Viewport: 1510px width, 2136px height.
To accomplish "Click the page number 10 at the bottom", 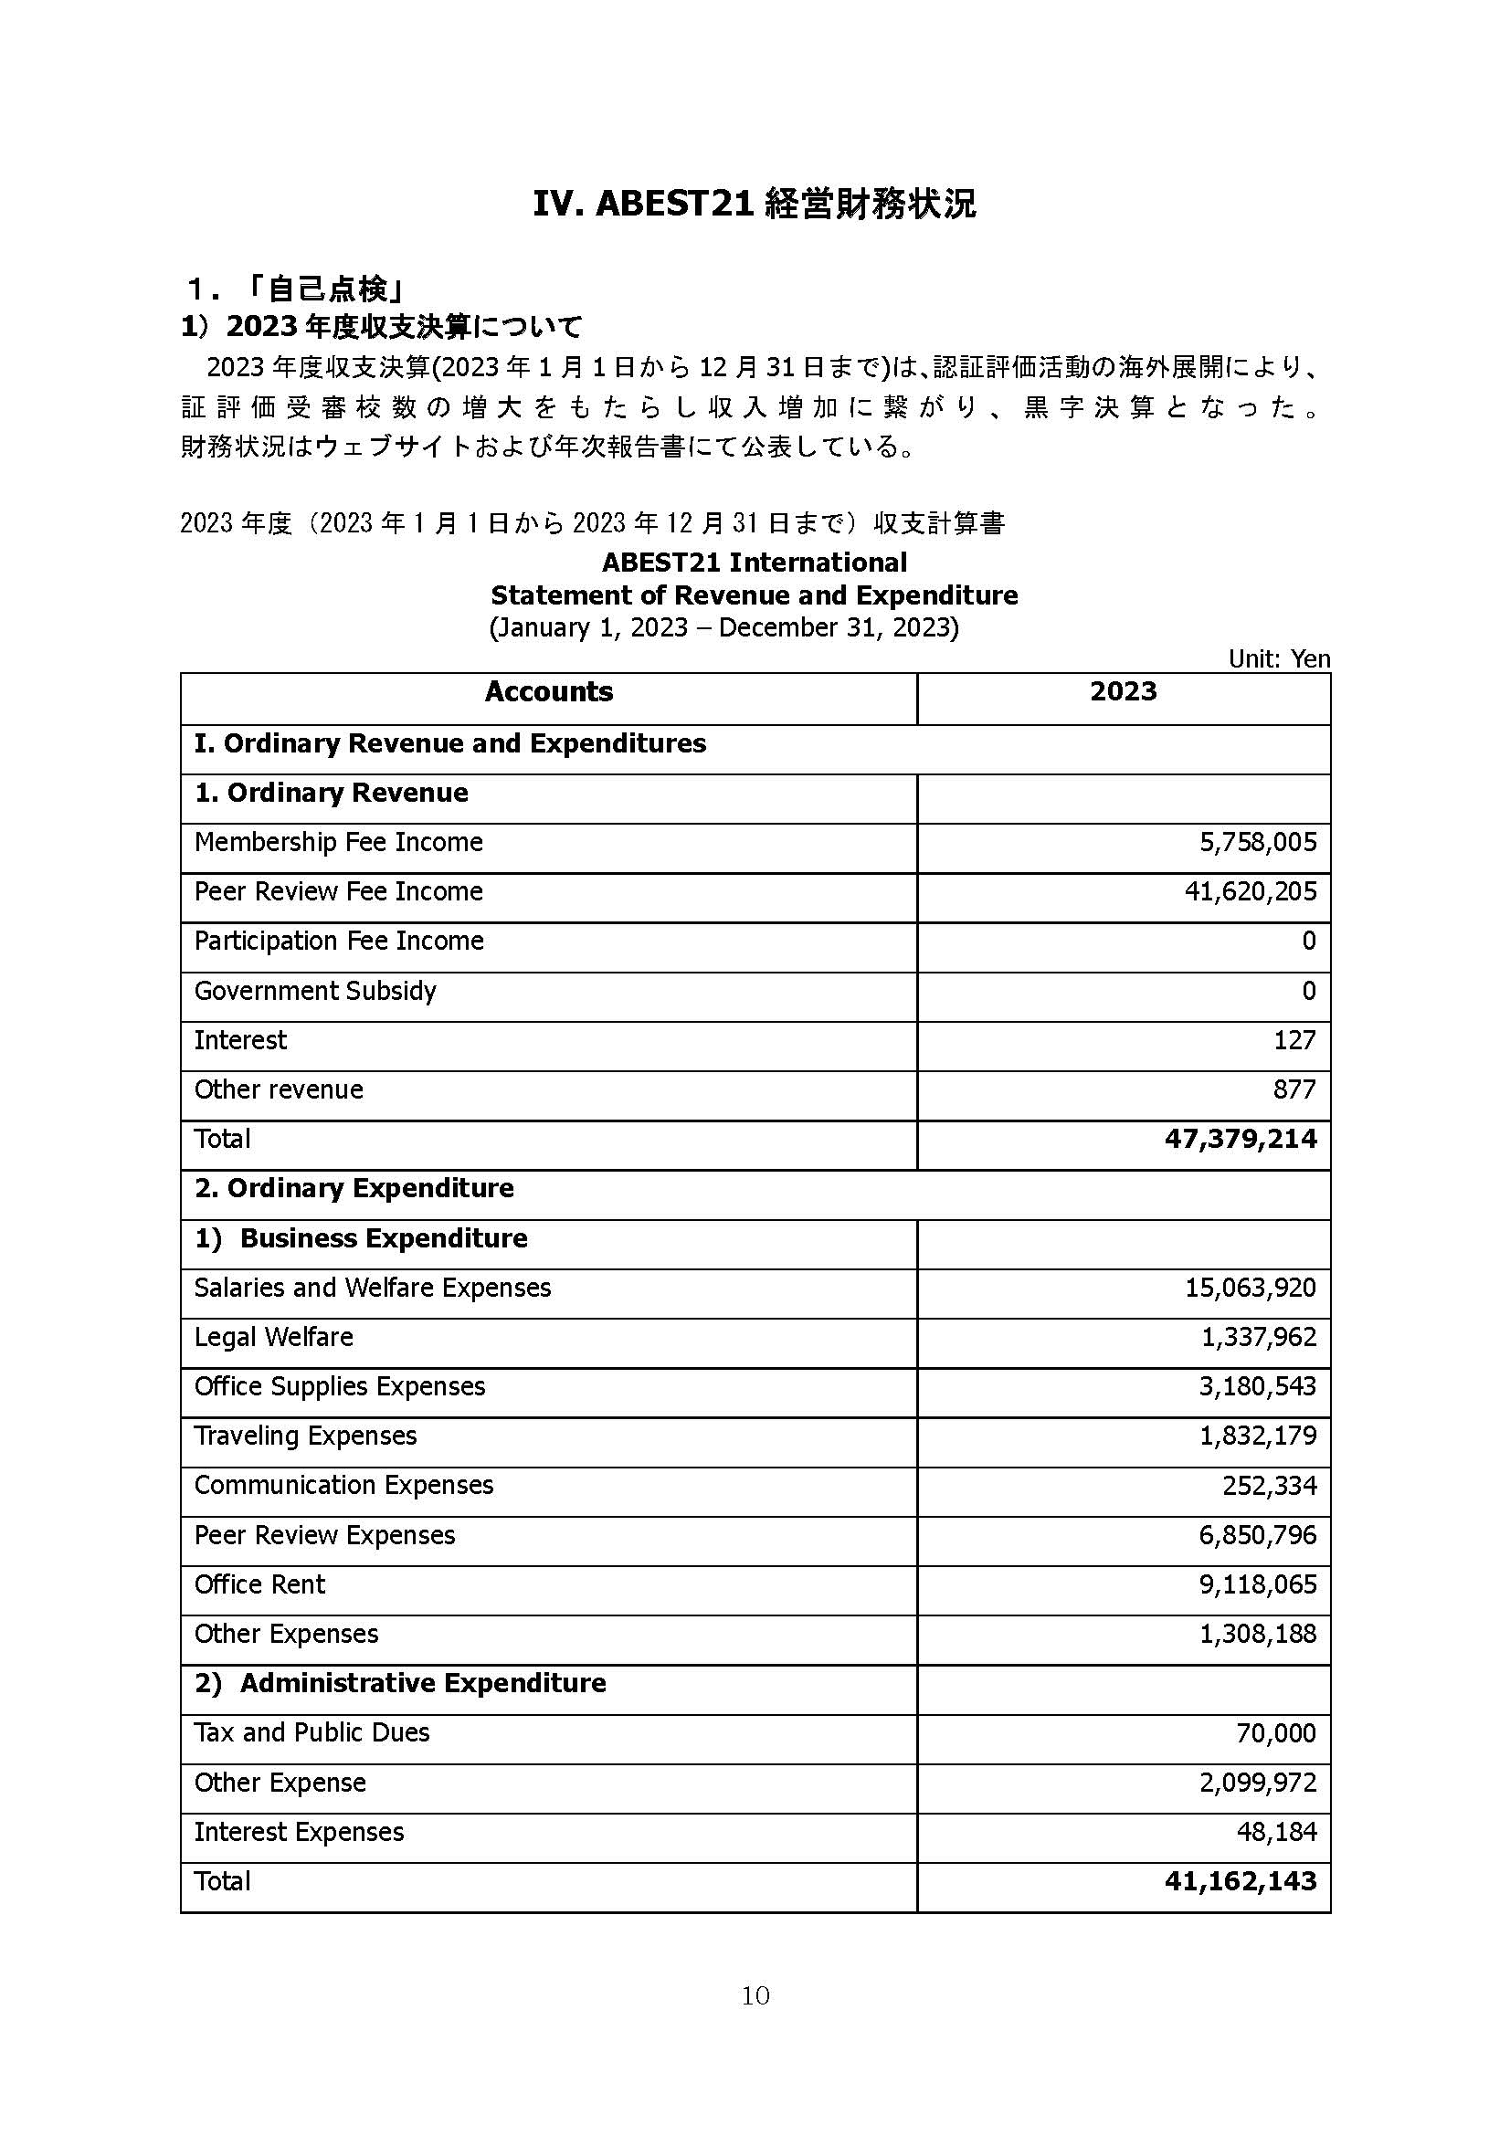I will pos(755,1994).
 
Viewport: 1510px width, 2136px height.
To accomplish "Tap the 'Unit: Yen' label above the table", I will pos(1278,658).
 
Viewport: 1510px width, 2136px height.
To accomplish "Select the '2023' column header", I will pos(1123,691).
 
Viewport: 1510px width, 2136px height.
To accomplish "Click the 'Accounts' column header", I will pos(549,691).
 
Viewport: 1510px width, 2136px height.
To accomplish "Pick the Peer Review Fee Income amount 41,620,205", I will pos(1251,891).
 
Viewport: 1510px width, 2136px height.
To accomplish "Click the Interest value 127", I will pos(1294,1040).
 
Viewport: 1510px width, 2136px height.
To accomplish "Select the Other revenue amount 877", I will pos(1294,1089).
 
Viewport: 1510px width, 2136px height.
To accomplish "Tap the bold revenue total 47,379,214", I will pos(1241,1139).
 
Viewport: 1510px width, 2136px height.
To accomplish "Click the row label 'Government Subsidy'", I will pos(315,991).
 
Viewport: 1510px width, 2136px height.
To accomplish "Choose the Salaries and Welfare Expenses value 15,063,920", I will pos(1251,1288).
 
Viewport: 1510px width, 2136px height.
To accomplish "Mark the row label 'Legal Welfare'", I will pos(273,1337).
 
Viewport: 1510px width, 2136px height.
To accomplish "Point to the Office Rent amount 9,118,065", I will pos(1258,1584).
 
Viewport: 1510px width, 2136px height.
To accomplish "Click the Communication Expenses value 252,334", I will pos(1269,1485).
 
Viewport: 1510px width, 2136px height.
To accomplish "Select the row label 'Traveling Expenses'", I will pos(305,1436).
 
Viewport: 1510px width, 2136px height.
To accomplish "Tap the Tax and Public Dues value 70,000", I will pos(1276,1733).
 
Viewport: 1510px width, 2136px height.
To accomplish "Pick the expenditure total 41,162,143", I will pos(1241,1881).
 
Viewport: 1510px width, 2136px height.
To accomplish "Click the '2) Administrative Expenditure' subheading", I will pos(401,1683).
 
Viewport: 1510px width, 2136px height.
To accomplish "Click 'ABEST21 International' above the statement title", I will pos(755,562).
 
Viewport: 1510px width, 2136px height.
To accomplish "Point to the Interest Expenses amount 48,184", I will pos(1276,1832).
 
